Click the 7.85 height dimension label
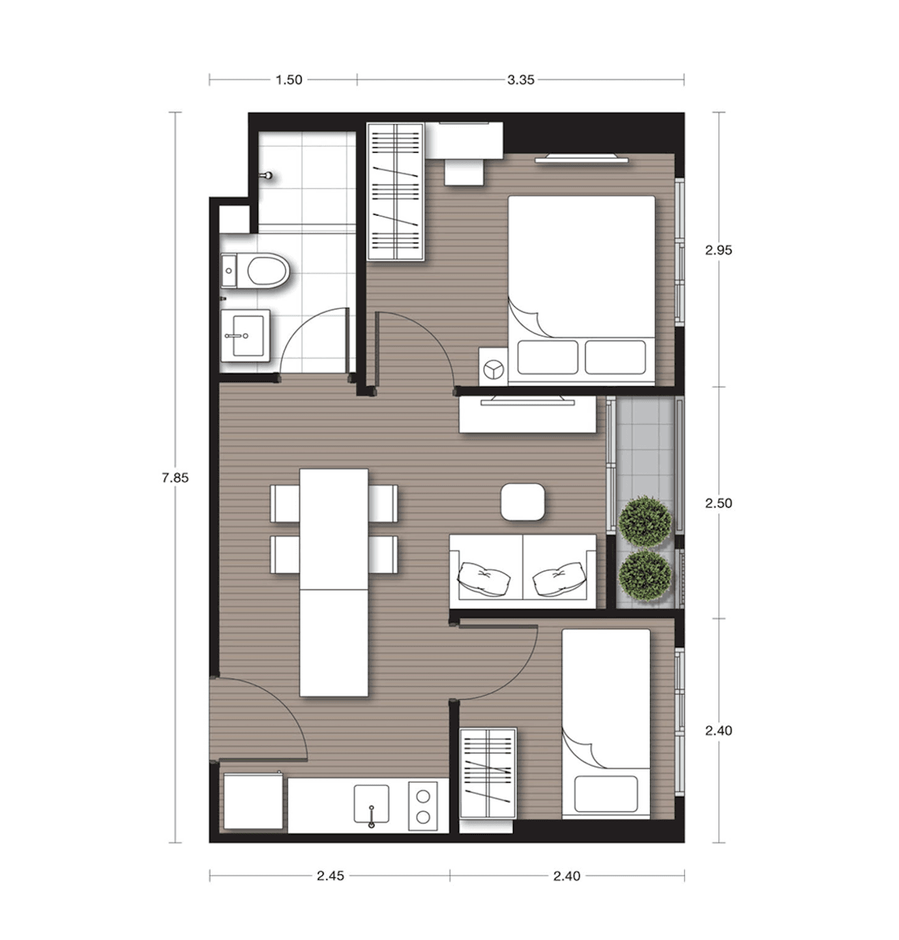click(175, 478)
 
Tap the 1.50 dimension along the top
click(289, 80)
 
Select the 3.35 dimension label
click(520, 80)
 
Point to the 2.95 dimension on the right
click(718, 250)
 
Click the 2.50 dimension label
click(718, 503)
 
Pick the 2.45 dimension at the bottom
click(330, 876)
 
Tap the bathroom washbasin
click(246, 336)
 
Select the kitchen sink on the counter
click(371, 804)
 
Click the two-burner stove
click(423, 806)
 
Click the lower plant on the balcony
click(645, 576)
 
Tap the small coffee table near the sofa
click(522, 501)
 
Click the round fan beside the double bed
click(493, 370)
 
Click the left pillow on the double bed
click(547, 357)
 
